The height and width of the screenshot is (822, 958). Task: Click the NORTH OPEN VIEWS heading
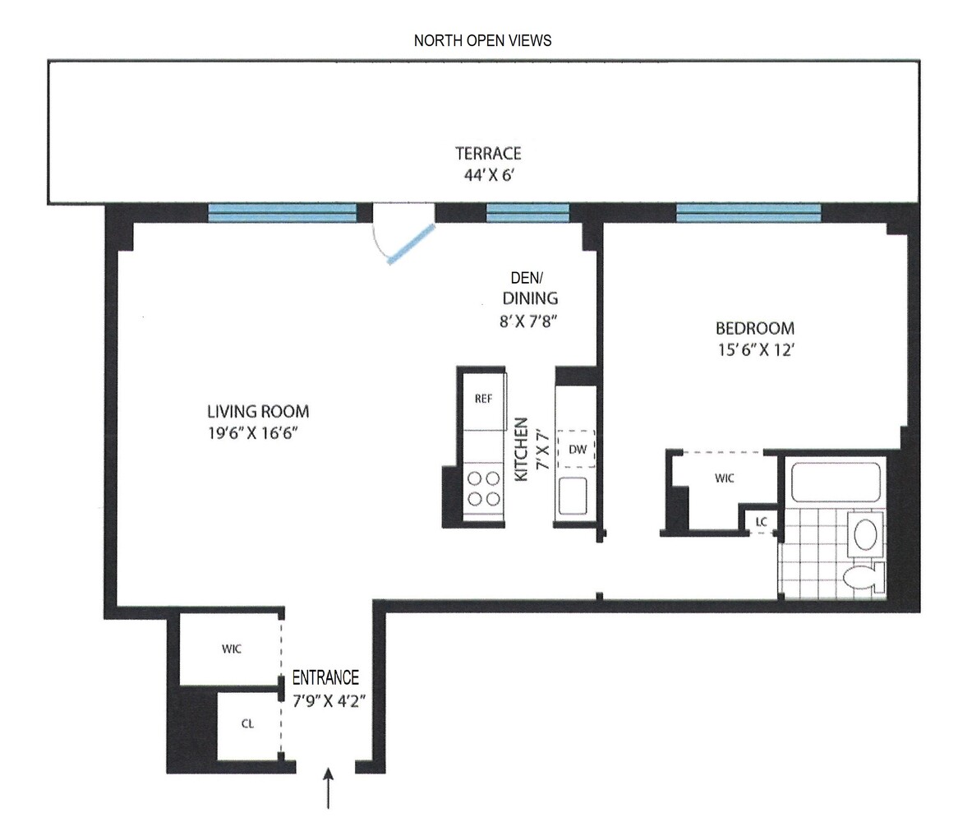[482, 40]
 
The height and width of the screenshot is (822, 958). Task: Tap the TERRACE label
[489, 154]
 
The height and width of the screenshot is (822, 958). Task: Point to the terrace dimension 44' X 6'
[489, 174]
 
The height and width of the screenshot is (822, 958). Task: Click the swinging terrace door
[410, 244]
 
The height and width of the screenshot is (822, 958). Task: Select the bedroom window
[748, 213]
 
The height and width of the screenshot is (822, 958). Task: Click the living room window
[282, 213]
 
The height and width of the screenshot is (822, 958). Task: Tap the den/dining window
[527, 213]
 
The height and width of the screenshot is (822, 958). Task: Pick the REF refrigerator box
[483, 399]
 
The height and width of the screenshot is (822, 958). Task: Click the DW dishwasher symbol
[577, 450]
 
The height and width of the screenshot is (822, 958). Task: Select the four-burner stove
[483, 487]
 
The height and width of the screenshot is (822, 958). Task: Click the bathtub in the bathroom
[836, 483]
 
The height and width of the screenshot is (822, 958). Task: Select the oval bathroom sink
[866, 534]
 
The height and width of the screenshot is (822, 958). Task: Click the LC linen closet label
[761, 522]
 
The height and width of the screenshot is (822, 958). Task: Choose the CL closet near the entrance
[247, 724]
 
